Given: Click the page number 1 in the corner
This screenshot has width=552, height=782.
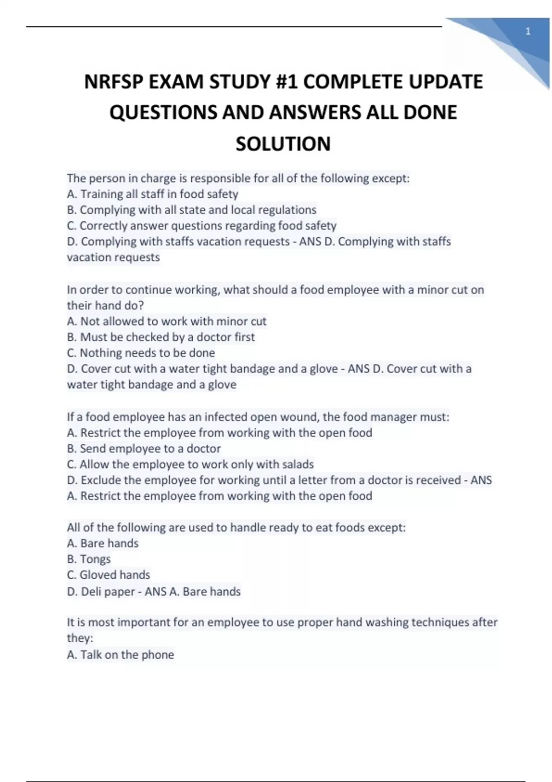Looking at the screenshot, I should (528, 32).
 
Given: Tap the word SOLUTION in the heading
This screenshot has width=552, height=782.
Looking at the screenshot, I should (283, 144).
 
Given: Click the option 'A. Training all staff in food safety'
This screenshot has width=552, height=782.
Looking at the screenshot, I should (152, 194).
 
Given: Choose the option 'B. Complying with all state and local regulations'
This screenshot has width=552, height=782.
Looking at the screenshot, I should (191, 210).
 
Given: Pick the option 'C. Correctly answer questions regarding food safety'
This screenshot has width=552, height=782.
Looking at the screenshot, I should (201, 225).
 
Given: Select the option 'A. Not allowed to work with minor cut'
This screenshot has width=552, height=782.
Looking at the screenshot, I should (167, 321).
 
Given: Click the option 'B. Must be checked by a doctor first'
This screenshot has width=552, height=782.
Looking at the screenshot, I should (161, 337).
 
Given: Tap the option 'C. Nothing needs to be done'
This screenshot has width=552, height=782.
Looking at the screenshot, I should (141, 353).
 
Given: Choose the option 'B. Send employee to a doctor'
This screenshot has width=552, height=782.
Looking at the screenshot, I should (144, 448).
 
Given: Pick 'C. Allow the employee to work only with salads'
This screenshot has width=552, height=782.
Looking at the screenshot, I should (190, 464).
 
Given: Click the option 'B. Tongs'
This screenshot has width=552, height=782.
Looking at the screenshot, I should (89, 559).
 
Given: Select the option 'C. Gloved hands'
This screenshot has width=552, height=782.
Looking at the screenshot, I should (108, 575).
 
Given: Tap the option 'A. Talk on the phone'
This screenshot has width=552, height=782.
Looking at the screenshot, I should (120, 655).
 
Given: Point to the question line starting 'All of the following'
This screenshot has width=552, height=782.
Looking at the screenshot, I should (236, 527).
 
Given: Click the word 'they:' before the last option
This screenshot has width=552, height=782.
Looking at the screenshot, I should (80, 638).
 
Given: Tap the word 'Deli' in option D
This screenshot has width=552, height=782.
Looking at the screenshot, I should (91, 591).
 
